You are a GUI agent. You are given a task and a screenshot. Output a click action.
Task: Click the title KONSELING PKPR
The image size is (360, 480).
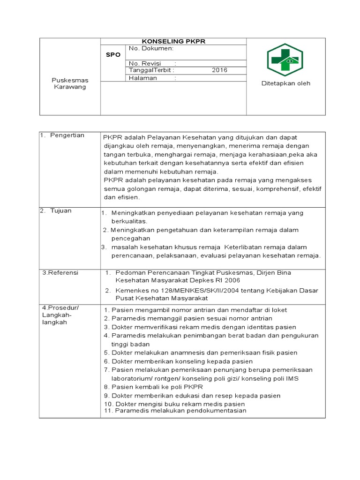click(x=173, y=41)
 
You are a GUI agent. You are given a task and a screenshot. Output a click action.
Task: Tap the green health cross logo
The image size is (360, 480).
click(x=285, y=59)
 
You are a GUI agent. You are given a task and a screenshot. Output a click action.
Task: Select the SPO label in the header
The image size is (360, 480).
click(x=113, y=55)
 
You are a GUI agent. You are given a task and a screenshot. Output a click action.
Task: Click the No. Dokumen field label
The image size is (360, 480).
click(x=151, y=48)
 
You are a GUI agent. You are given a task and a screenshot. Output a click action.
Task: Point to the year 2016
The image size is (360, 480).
click(x=219, y=70)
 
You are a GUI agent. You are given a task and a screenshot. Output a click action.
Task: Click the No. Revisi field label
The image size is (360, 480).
click(x=145, y=63)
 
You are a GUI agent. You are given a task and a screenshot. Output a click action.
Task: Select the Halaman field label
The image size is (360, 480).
click(x=143, y=78)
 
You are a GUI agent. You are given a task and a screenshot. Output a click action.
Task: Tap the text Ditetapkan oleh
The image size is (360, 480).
click(x=285, y=83)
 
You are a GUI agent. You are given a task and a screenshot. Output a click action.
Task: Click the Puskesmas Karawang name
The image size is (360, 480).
click(x=69, y=83)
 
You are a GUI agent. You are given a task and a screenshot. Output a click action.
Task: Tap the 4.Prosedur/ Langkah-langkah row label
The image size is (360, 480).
click(x=60, y=315)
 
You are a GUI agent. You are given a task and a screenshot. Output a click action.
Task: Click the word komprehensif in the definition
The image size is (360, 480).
click(x=276, y=188)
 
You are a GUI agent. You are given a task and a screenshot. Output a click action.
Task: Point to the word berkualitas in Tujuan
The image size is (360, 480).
click(x=129, y=221)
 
